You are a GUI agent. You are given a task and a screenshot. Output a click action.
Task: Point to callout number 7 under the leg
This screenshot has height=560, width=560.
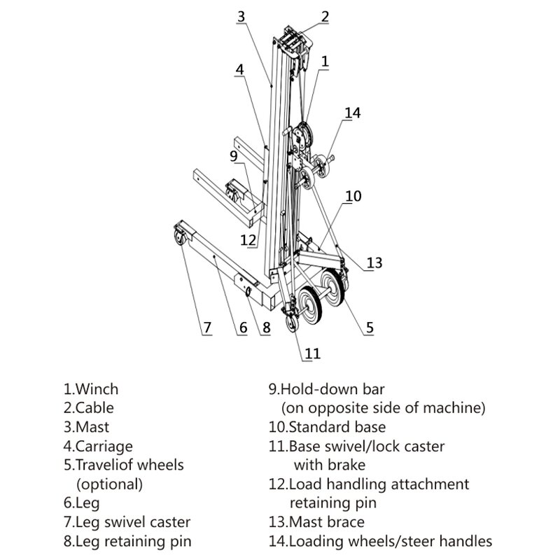point(206,328)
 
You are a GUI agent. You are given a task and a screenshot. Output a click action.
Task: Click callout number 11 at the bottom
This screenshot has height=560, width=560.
point(312,353)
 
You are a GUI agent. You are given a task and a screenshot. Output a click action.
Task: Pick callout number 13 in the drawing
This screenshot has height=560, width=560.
point(374,262)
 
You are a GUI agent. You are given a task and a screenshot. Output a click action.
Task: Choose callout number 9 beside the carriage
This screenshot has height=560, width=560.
point(234,155)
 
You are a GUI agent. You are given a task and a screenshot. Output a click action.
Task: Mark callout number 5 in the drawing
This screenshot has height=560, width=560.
point(369,325)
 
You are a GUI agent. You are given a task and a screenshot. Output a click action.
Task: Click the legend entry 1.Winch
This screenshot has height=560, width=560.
point(90,389)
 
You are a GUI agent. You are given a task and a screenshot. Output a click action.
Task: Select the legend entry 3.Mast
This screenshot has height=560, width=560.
point(86,427)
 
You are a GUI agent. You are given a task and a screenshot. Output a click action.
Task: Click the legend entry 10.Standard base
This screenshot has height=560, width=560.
point(326,426)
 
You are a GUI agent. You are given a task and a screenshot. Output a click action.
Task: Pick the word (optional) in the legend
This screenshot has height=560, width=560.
point(108,484)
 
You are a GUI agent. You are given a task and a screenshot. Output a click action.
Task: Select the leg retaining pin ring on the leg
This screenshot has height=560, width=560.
point(248,292)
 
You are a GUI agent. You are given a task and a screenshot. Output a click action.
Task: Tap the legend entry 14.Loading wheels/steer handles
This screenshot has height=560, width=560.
point(381,540)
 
